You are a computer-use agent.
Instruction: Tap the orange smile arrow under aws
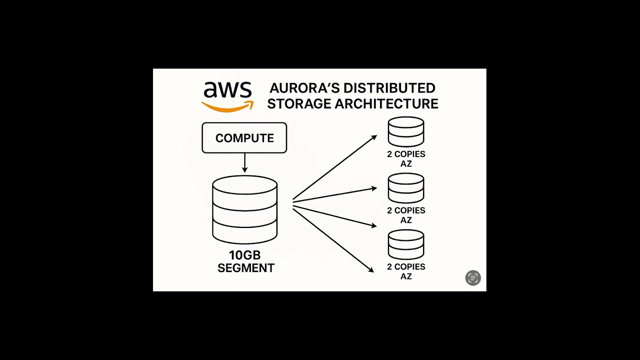[x=227, y=106]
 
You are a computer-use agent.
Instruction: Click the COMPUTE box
[x=244, y=138]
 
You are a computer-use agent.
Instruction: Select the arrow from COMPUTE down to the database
[x=244, y=163]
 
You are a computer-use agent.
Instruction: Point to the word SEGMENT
[x=246, y=268]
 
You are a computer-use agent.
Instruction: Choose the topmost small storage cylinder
[x=406, y=131]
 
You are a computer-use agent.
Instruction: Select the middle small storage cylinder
[x=406, y=188]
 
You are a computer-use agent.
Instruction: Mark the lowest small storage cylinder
[x=406, y=244]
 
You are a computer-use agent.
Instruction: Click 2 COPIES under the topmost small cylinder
[x=406, y=154]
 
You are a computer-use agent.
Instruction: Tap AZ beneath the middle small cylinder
[x=406, y=220]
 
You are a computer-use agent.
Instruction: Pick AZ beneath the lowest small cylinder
[x=406, y=276]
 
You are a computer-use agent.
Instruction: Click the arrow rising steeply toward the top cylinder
[x=335, y=167]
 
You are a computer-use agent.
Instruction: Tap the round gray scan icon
[x=473, y=278]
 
